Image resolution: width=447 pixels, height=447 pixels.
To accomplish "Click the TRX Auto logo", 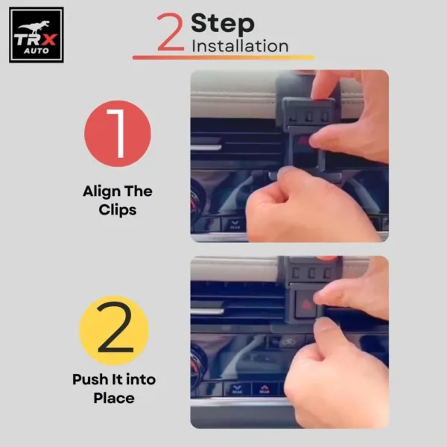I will click(36, 35).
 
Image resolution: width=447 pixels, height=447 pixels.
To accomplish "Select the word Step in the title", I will click(222, 23).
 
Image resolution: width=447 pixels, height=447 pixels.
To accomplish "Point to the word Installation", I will click(240, 46).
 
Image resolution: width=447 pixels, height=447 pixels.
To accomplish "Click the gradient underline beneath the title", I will click(223, 57).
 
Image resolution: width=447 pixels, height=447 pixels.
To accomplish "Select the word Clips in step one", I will click(117, 209).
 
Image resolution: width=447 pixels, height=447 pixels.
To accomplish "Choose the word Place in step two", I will click(114, 398).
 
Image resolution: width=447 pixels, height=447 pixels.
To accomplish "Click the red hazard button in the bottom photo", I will click(305, 302).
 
